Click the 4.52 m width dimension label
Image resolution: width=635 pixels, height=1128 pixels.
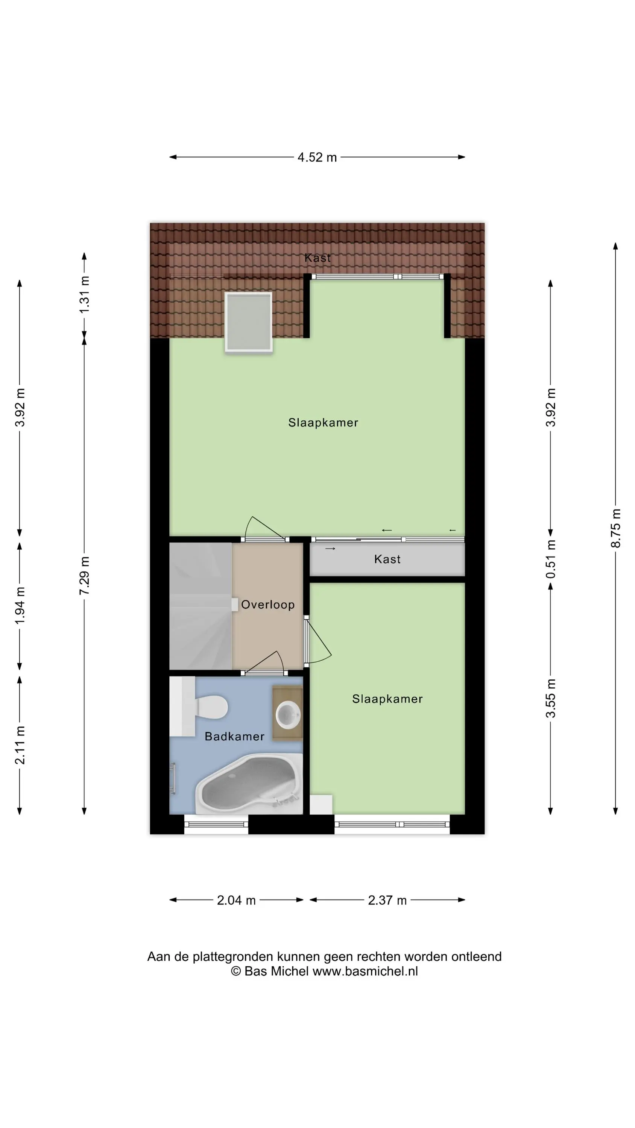pos(317,157)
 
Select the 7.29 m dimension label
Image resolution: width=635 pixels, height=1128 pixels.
pos(84,575)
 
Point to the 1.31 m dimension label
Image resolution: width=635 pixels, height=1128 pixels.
pos(84,294)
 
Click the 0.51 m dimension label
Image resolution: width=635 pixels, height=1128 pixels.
pos(550,559)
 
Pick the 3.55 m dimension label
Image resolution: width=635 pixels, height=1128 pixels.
pos(550,699)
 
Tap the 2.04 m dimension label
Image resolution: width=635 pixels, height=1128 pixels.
pos(236,900)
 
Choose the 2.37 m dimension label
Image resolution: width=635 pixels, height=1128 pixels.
pos(387,900)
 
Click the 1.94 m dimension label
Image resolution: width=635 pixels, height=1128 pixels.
pos(20,606)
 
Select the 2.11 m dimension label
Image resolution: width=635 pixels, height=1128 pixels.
pos(20,745)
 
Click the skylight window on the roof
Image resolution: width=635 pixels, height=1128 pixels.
pos(249,322)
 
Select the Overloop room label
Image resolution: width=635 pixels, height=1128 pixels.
pos(268,605)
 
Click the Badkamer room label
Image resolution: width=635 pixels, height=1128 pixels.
pos(234,737)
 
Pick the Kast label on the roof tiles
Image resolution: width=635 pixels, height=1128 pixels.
pos(318,258)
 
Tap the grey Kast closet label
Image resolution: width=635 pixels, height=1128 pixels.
pos(387,559)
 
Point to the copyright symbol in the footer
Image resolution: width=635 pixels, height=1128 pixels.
pos(236,971)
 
